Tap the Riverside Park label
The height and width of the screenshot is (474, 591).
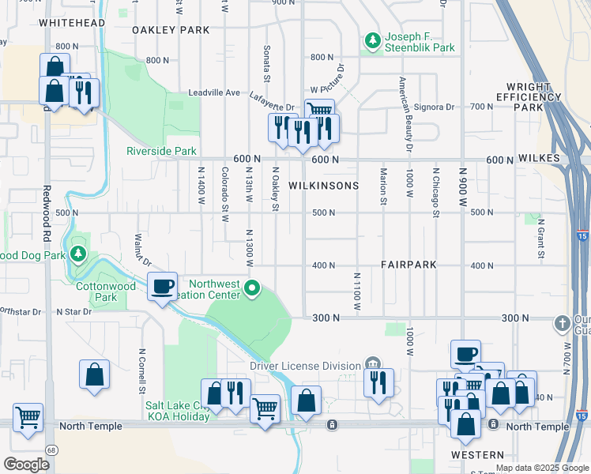161,150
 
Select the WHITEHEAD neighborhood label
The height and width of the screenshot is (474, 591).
71,24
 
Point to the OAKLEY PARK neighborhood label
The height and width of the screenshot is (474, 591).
171,30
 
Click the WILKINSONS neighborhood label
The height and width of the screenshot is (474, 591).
323,186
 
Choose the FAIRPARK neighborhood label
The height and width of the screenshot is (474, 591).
408,265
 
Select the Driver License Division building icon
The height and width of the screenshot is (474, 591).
371,364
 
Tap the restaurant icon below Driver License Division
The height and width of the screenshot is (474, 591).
379,382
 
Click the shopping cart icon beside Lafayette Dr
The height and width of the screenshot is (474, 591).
318,111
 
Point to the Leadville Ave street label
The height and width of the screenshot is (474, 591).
213,92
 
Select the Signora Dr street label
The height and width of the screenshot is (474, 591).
440,106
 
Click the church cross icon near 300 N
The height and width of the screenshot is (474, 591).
562,322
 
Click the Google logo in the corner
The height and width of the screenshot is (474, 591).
26,464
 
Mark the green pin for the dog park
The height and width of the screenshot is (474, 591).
77,254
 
